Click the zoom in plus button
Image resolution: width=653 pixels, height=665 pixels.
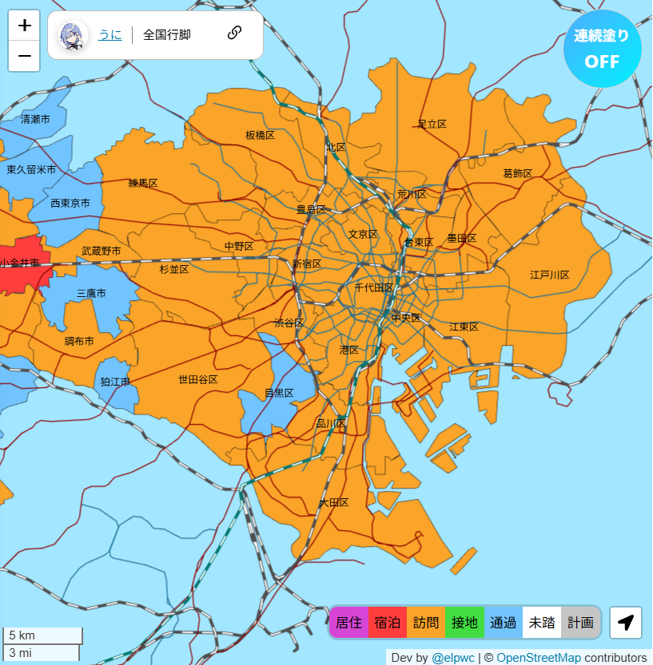coord(24,26)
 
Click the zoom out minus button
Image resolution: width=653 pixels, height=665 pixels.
coord(24,56)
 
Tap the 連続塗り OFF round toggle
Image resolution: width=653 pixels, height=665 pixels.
coord(602,49)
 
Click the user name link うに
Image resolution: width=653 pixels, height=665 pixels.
coord(109,34)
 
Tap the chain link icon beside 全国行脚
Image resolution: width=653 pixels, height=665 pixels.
coord(234,33)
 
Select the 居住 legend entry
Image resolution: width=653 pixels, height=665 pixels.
coord(348,623)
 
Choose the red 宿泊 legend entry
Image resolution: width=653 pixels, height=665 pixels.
coord(387,623)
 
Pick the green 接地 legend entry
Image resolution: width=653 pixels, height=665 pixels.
coord(464,623)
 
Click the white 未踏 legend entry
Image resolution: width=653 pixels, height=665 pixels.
coord(542,623)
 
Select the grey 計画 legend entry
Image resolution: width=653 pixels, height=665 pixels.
coord(580,623)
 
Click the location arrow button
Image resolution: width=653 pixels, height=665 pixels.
coord(626,623)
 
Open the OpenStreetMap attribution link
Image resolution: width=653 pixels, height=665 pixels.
coord(538,658)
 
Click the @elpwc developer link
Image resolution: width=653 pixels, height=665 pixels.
coord(452,658)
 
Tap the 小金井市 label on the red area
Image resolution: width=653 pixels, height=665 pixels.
coord(20,263)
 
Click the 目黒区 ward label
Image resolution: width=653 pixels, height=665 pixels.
coord(279,394)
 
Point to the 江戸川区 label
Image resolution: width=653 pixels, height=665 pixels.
coord(549,275)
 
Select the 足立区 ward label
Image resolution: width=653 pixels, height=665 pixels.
coord(432,125)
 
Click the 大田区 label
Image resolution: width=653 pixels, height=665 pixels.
coord(333,503)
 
